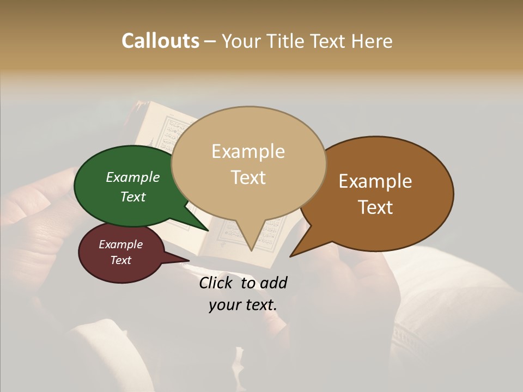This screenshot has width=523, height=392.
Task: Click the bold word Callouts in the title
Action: (160, 41)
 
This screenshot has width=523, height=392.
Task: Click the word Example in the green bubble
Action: (132, 177)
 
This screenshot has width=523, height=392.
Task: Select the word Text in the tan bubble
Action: (248, 177)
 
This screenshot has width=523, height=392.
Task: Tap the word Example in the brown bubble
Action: (375, 181)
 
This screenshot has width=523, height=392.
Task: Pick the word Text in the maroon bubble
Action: (120, 260)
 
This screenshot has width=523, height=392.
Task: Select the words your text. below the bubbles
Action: (243, 305)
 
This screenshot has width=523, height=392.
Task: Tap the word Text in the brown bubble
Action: (375, 207)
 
